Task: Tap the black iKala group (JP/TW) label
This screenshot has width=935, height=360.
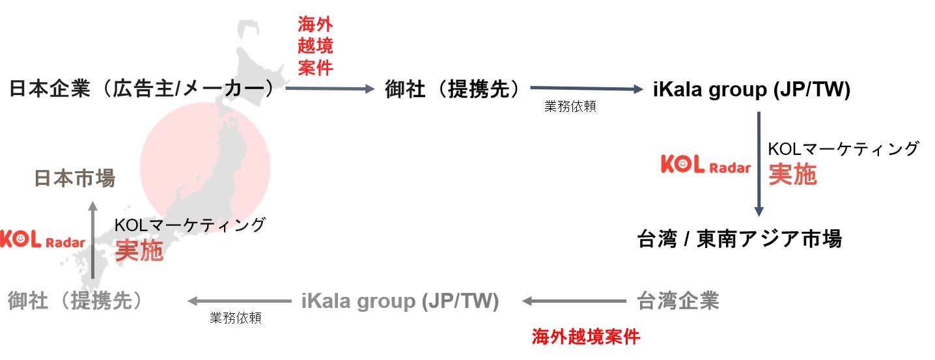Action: point(751,90)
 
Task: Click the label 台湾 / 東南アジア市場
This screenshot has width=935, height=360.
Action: point(739,239)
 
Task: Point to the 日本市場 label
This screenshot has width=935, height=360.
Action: point(74,178)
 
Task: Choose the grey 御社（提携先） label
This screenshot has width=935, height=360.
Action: point(75,301)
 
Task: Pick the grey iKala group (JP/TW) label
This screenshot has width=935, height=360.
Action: point(400,301)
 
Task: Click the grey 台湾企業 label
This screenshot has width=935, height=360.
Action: point(677,301)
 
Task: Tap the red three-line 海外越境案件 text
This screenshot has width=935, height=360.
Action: point(315,46)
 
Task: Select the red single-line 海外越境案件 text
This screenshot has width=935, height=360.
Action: point(585,337)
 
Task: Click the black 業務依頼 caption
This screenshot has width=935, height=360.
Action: point(570,107)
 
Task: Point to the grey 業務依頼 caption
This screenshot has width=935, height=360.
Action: point(235,318)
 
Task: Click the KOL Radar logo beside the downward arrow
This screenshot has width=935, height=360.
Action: point(705,165)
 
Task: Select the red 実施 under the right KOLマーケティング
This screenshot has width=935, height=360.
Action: point(792,174)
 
